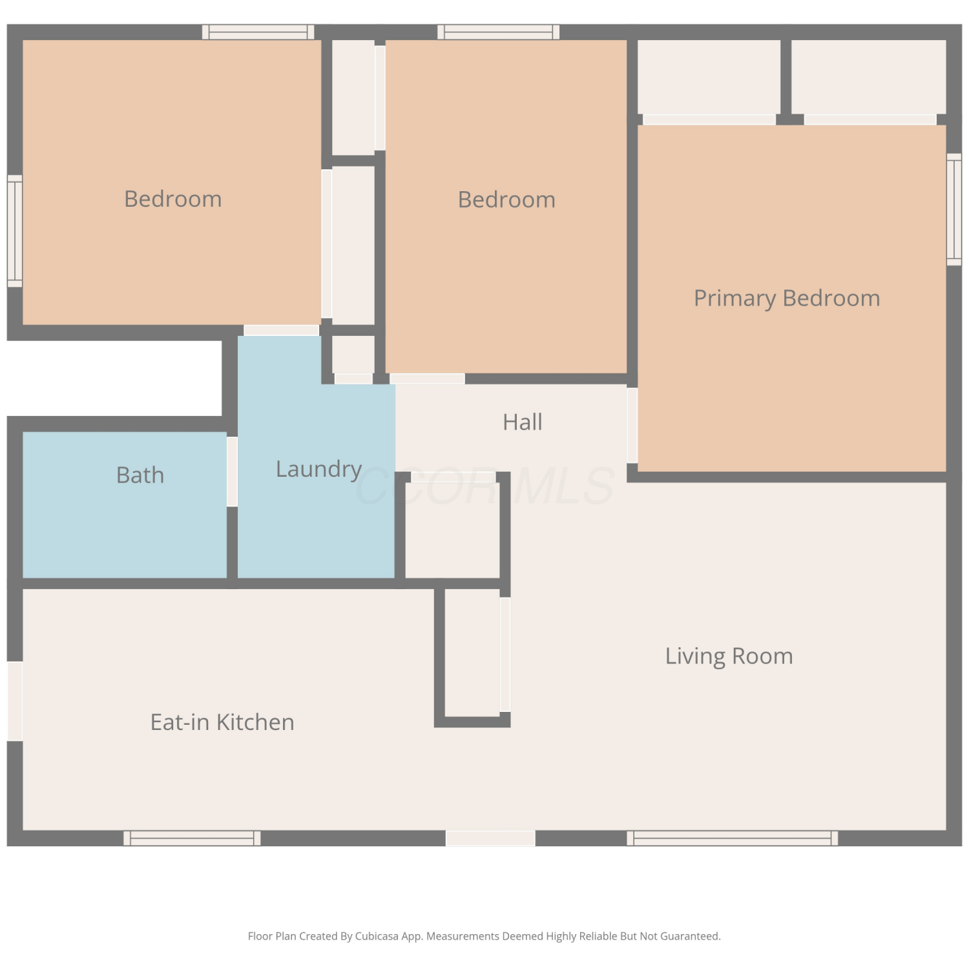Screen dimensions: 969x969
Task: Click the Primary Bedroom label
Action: coord(787,298)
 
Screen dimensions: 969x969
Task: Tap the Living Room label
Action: coord(729,656)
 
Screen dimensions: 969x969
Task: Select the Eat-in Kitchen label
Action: coord(222,722)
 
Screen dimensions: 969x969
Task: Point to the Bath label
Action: coord(140,475)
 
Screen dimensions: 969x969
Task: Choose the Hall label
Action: coord(523,422)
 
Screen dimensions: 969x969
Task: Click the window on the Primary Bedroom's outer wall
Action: coord(954,209)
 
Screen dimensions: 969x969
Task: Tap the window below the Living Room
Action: coord(733,838)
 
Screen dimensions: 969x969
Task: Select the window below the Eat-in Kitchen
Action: coord(193,838)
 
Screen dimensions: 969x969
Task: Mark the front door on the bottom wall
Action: coord(490,838)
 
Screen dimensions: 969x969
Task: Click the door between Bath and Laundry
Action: coord(232,472)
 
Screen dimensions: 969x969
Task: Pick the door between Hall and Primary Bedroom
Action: coord(632,425)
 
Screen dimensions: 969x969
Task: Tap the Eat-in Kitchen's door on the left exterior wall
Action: coord(15,701)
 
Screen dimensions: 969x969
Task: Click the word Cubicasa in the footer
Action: coord(377,936)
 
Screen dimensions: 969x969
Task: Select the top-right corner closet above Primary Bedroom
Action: coord(869,77)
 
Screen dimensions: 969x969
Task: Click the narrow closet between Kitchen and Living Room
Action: coord(472,652)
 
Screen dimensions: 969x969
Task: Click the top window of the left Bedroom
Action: coord(258,32)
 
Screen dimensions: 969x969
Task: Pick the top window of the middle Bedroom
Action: coord(499,32)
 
